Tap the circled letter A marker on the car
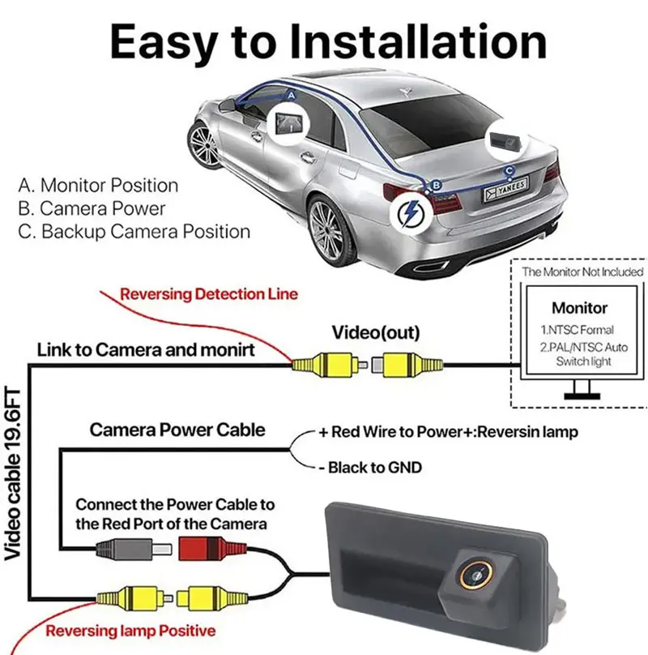click(292, 96)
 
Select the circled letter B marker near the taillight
click(436, 185)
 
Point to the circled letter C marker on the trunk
click(509, 170)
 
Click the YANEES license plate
click(506, 189)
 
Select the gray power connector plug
click(134, 549)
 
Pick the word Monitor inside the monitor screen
click(579, 308)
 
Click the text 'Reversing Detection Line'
click(209, 294)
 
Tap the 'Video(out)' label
click(376, 332)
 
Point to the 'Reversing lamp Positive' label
click(130, 631)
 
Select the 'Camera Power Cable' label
click(177, 430)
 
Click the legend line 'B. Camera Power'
click(92, 208)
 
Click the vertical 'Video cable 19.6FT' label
click(12, 474)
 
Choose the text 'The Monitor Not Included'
click(582, 272)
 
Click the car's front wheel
click(203, 144)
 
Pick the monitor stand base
click(582, 396)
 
